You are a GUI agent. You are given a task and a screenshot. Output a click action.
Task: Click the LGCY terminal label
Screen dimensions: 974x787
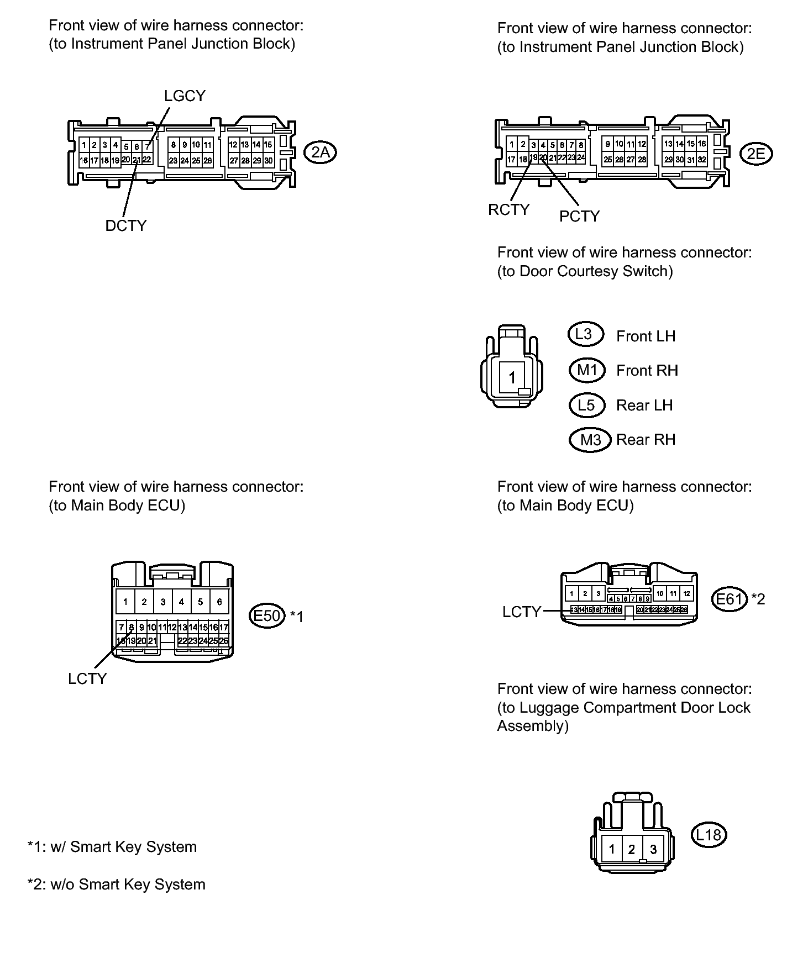coord(185,96)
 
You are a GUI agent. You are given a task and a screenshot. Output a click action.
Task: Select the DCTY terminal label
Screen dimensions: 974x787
coord(126,225)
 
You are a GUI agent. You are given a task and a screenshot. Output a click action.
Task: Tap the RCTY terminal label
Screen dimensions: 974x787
coord(508,210)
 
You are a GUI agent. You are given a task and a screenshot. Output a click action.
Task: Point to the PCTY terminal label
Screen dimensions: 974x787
coord(579,216)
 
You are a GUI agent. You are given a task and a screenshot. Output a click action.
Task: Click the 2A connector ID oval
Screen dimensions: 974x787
coord(321,152)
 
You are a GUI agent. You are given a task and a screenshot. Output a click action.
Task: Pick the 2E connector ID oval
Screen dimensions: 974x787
coord(755,154)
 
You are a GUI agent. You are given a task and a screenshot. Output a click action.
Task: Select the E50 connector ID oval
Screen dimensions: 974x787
coord(267,615)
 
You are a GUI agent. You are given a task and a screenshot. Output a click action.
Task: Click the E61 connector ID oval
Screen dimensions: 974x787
coord(730,599)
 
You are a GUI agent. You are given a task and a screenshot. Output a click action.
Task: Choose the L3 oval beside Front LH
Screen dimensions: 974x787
coord(585,334)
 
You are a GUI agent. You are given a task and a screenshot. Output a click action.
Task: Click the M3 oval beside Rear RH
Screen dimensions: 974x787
coord(590,440)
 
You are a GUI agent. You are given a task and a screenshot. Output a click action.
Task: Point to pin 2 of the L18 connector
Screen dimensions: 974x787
coord(632,849)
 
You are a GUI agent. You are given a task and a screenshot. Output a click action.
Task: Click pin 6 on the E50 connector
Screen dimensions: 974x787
coord(219,602)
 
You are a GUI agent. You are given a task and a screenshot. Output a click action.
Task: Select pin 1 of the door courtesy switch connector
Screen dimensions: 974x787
coord(512,377)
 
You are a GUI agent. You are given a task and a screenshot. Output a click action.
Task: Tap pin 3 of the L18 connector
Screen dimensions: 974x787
coord(653,849)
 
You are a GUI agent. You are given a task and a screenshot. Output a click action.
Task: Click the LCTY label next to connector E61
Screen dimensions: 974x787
coord(521,612)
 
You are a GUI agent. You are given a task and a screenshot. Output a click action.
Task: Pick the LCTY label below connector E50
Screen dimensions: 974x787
coord(87,678)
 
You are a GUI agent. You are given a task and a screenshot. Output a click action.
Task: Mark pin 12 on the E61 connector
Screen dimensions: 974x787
coord(686,594)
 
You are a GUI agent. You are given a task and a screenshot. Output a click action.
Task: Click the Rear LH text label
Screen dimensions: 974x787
coord(644,406)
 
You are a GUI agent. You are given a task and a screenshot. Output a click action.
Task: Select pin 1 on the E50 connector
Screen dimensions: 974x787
coord(125,602)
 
